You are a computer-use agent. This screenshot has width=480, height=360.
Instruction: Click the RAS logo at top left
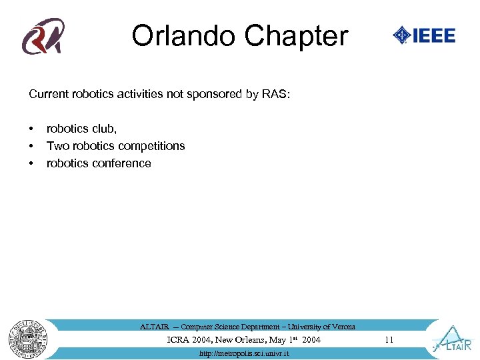[x=43, y=36]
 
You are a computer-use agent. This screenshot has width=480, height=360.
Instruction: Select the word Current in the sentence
[x=48, y=94]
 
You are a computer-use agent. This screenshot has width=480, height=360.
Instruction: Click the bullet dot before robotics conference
[x=31, y=163]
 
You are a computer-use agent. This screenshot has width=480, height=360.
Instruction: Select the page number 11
[x=389, y=340]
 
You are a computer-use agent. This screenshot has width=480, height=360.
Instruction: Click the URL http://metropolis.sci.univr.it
[x=245, y=353]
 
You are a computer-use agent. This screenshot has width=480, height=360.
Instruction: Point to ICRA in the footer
[x=178, y=340]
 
